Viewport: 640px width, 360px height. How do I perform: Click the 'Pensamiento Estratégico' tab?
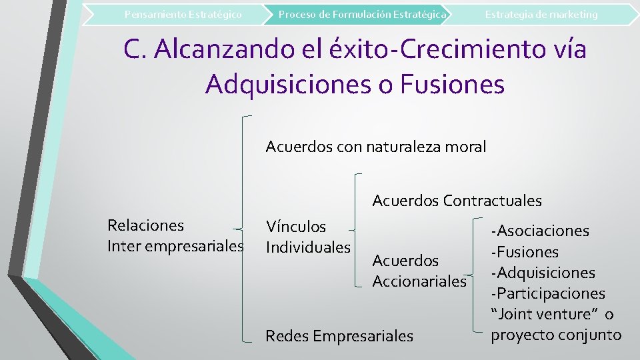tap(183, 14)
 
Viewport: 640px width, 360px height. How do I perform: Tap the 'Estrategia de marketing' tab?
tap(541, 14)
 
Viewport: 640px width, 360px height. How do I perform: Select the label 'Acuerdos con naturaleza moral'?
tap(376, 146)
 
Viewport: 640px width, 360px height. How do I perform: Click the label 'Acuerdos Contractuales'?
tap(457, 200)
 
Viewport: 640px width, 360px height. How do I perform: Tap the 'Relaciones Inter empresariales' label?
tap(175, 236)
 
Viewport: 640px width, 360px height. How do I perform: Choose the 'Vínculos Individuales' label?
tap(308, 237)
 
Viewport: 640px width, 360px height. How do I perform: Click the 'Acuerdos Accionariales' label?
tap(419, 271)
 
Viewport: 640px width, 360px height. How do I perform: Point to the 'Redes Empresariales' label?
tap(339, 336)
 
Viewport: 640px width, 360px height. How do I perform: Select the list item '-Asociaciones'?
tap(540, 231)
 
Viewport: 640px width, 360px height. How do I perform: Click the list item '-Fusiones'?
tap(525, 252)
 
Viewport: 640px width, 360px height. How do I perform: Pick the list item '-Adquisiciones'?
tap(543, 273)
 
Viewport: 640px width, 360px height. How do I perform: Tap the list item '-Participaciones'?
tap(548, 293)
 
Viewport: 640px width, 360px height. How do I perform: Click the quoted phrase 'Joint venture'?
tap(544, 314)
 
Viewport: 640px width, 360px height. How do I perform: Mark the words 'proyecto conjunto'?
tap(556, 335)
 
